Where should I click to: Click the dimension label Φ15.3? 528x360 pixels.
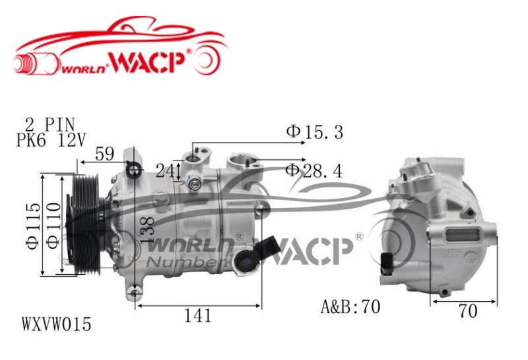point(314,132)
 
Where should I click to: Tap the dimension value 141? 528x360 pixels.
point(198,316)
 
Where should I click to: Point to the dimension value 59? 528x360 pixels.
point(104,154)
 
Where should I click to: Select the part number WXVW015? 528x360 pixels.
point(57,325)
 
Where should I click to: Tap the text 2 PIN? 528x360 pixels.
point(50,124)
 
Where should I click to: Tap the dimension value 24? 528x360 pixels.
point(165,170)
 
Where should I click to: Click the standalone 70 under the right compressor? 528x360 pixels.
point(467,312)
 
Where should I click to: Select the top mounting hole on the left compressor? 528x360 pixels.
point(134,170)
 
